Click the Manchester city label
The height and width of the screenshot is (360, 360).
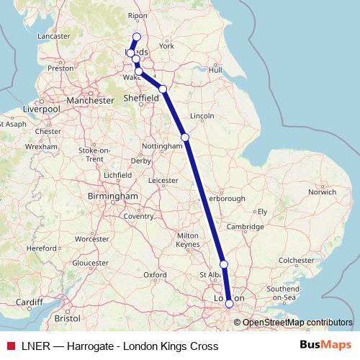[89, 101]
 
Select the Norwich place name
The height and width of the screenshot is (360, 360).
[322, 192]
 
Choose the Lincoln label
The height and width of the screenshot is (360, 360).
[202, 116]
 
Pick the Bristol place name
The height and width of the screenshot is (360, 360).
[66, 317]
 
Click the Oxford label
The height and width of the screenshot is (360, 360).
[155, 274]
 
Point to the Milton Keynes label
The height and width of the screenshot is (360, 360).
[187, 240]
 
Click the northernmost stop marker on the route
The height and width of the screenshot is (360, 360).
[137, 37]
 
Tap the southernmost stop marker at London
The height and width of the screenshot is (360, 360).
[229, 304]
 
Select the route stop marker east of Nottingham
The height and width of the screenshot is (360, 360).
[185, 137]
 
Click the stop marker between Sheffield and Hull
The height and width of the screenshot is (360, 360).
[163, 89]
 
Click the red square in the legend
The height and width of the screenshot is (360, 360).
[10, 346]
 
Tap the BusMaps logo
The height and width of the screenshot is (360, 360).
[325, 346]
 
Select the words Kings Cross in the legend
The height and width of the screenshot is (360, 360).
[190, 346]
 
